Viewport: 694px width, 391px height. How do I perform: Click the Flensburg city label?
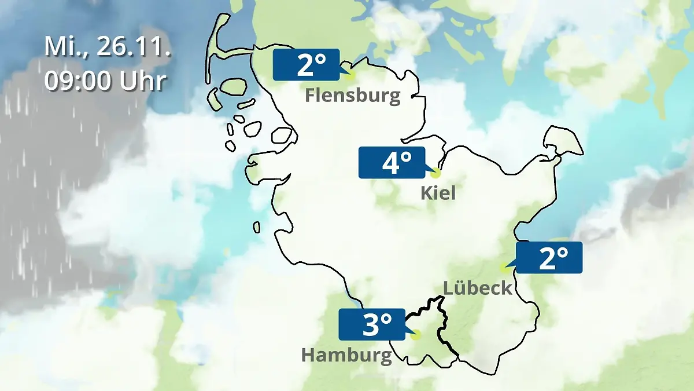353,96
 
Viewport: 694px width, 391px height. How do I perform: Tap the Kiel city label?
438,193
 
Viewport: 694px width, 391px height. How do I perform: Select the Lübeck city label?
478,287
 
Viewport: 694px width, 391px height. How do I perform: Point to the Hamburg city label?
346,355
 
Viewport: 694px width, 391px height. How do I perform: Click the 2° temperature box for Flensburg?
306,64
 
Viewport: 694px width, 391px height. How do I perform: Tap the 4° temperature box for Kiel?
392,163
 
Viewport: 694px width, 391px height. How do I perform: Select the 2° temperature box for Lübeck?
549,257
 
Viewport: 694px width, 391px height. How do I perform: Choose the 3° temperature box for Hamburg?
372,324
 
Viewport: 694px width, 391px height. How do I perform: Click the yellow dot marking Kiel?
436,173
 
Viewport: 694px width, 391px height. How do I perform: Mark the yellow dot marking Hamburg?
416,335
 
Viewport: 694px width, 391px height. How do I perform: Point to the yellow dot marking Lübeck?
504,268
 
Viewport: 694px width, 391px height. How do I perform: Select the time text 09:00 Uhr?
105,81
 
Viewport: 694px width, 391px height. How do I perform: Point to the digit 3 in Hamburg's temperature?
370,325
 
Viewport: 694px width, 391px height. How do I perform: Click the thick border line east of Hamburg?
441,324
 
